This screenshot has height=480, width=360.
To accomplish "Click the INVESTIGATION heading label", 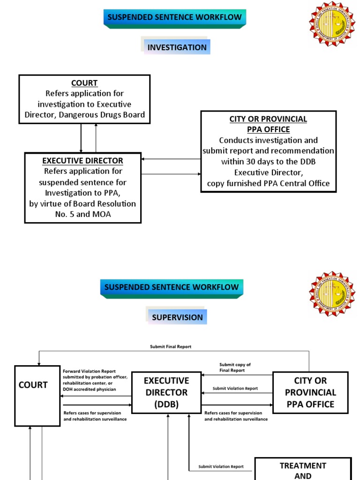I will (x=177, y=47).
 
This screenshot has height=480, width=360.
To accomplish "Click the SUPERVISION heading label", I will (x=177, y=317).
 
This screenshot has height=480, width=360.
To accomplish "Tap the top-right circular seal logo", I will (x=332, y=23).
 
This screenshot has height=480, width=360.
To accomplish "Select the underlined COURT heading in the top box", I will (x=84, y=83).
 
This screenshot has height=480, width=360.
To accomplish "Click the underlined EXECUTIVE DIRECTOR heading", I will (x=82, y=161).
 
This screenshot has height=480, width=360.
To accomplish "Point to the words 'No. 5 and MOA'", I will (x=82, y=214).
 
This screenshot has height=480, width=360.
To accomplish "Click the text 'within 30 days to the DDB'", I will (x=268, y=161).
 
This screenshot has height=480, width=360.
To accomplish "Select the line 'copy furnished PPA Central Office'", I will (x=268, y=183).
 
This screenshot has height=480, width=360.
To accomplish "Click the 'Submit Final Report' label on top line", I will (x=171, y=347).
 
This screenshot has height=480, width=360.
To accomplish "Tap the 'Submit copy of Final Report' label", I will (x=235, y=367).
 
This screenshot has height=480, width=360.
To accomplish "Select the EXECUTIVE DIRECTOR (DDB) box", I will (x=166, y=392).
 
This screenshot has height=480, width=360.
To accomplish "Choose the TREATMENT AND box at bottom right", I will (x=303, y=469).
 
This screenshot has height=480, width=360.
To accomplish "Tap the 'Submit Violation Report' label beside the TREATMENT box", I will (x=221, y=467).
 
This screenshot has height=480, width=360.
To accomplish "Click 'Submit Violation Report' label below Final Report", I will (x=235, y=389).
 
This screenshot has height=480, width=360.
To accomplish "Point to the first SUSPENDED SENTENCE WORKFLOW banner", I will (x=174, y=18).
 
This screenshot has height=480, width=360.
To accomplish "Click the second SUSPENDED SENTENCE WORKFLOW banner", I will (x=172, y=287).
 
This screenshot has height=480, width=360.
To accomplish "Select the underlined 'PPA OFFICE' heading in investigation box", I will (x=268, y=129).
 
